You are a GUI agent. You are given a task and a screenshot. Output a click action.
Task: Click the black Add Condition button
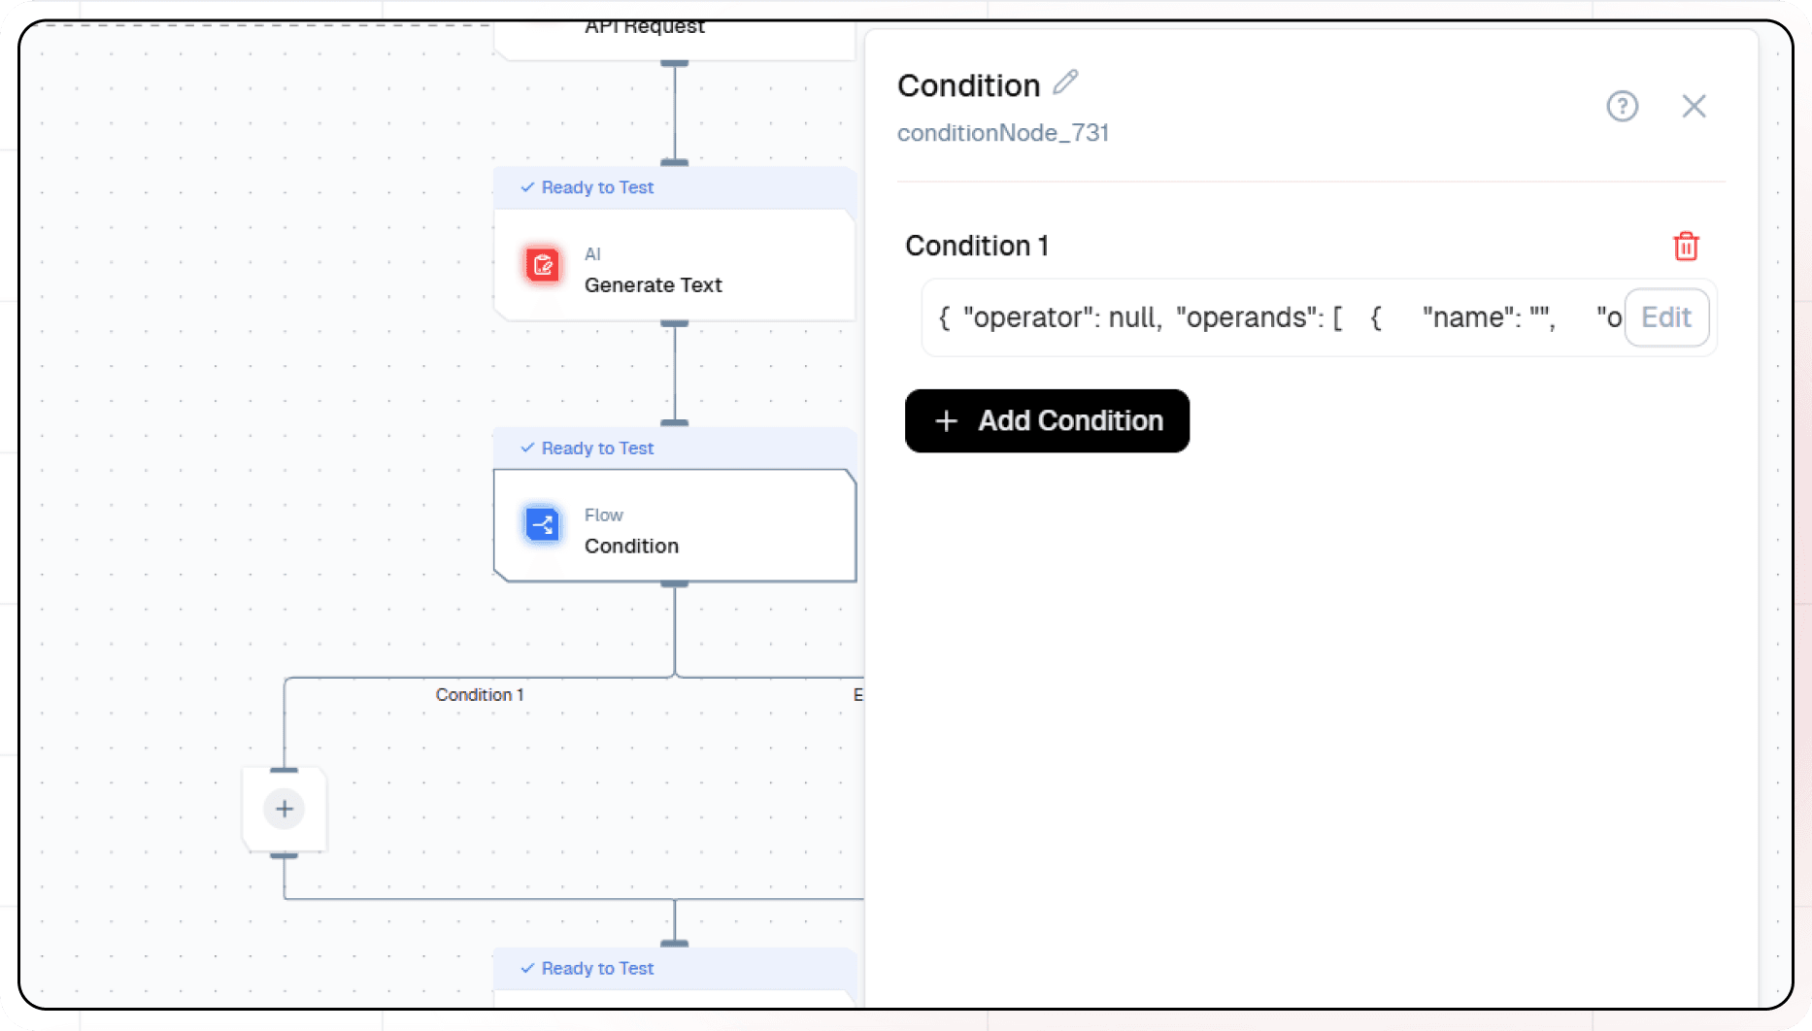click(1047, 420)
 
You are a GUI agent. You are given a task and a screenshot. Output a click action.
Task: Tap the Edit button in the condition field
click(1665, 317)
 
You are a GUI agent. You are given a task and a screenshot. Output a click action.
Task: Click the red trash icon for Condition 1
click(1686, 247)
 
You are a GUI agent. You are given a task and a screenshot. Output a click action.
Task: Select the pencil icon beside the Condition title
click(1065, 83)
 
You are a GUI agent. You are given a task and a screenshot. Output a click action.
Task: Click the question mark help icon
click(1622, 106)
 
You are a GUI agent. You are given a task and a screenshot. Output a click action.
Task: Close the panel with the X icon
click(1694, 106)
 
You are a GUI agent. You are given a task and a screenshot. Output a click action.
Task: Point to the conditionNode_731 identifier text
click(1002, 133)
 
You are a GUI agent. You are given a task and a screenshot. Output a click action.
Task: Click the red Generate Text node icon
click(543, 264)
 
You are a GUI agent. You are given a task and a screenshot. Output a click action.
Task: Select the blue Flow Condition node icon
click(543, 525)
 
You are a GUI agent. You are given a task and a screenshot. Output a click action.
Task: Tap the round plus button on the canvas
click(285, 809)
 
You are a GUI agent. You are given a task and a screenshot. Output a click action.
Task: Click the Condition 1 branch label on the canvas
click(480, 695)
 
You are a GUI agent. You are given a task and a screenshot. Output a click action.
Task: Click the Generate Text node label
click(653, 285)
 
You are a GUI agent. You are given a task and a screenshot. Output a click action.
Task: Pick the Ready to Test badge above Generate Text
click(587, 187)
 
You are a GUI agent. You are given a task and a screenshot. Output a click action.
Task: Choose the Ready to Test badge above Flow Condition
click(587, 449)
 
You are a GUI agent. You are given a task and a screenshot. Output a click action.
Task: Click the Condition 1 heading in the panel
click(976, 246)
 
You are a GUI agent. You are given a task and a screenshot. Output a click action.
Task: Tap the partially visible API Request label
click(644, 27)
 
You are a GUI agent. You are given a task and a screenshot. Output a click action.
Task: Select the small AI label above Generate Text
click(592, 254)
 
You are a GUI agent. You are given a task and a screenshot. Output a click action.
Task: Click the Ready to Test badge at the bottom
click(587, 969)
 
